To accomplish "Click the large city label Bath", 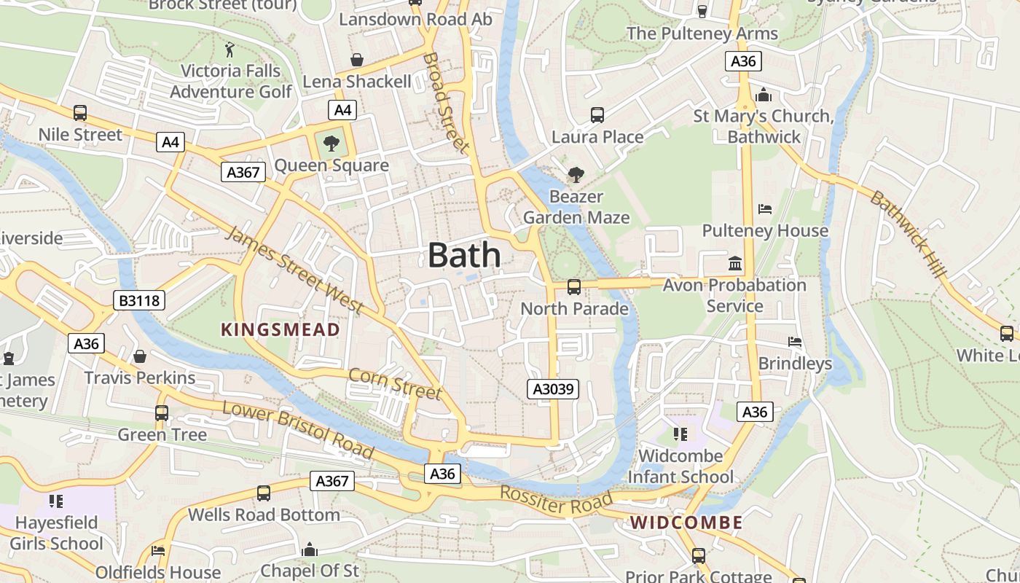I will pyautogui.click(x=464, y=255).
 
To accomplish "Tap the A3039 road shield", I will pyautogui.click(x=554, y=389).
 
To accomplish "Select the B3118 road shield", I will pyautogui.click(x=139, y=300).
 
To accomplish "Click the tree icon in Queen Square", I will pyautogui.click(x=331, y=143).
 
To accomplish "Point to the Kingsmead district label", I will pyautogui.click(x=280, y=329).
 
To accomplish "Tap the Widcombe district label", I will pyautogui.click(x=686, y=523).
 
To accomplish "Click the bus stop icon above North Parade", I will pyautogui.click(x=574, y=287).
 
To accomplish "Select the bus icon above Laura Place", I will pyautogui.click(x=597, y=115).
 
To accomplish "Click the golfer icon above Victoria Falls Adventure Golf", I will pyautogui.click(x=230, y=50).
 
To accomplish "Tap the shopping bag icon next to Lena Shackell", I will pyautogui.click(x=357, y=60).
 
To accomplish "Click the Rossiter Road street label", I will pyautogui.click(x=556, y=502).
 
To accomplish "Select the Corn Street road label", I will pyautogui.click(x=395, y=383).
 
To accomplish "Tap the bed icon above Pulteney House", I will pyautogui.click(x=764, y=209).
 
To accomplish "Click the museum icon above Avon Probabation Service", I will pyautogui.click(x=735, y=263).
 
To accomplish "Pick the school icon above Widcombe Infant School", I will pyautogui.click(x=680, y=435).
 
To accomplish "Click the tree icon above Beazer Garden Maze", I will pyautogui.click(x=576, y=175).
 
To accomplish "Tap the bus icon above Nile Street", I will pyautogui.click(x=80, y=113).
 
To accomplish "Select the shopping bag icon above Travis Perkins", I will pyautogui.click(x=140, y=356).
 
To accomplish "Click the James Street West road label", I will pyautogui.click(x=295, y=270).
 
